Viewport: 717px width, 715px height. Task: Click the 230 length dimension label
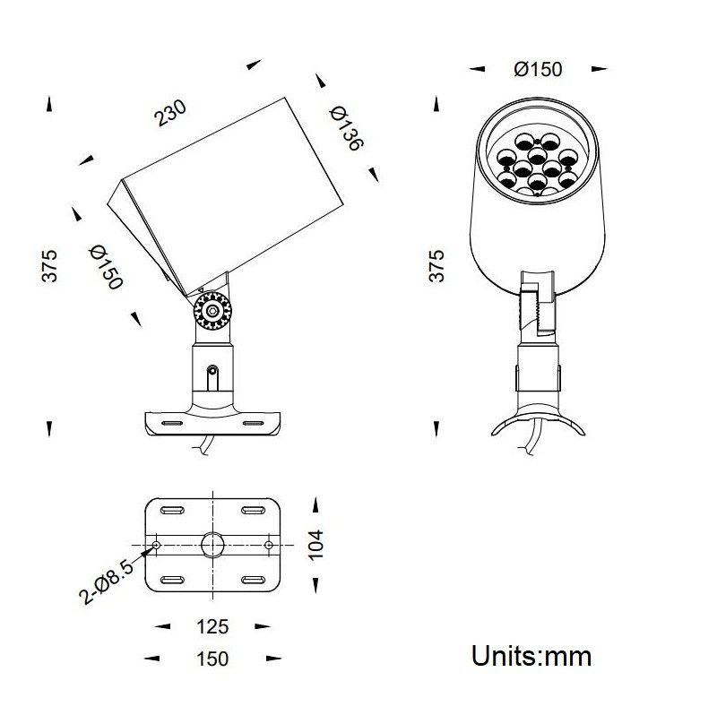click(170, 113)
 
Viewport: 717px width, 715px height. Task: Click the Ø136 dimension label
click(347, 128)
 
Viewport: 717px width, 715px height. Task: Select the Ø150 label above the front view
click(538, 69)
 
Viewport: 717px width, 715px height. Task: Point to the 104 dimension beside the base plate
click(315, 545)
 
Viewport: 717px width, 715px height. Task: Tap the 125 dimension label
click(212, 626)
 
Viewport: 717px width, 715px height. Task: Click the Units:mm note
click(531, 656)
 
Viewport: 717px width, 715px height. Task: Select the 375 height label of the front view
click(436, 265)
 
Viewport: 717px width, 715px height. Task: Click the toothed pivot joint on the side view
click(212, 311)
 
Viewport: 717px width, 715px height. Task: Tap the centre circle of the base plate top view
click(212, 545)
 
